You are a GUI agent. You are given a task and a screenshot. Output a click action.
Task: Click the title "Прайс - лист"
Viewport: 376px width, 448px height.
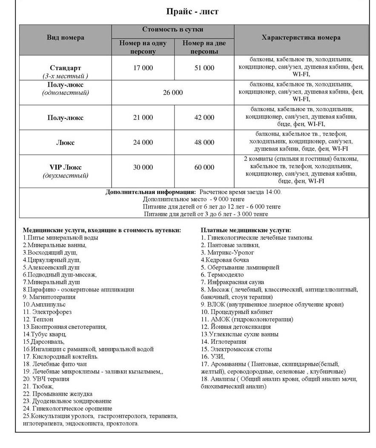pos(192,11)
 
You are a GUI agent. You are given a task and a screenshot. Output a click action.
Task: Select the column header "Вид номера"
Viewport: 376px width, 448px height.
pos(65,37)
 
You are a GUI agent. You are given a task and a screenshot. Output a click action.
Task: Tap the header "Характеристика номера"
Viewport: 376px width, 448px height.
pos(301,37)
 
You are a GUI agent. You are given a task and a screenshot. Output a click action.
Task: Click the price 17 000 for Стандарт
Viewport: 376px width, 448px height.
pos(143,68)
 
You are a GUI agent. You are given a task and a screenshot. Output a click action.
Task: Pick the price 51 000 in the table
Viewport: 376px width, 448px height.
pos(204,68)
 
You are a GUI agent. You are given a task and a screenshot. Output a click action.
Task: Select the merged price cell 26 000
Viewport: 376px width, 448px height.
pos(173,92)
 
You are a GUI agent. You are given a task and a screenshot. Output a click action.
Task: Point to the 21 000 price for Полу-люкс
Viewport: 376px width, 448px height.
pos(143,117)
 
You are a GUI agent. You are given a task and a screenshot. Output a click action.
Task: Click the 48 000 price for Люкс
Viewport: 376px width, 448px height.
pos(204,143)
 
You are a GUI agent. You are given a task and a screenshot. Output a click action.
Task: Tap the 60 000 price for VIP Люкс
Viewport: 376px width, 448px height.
pos(204,167)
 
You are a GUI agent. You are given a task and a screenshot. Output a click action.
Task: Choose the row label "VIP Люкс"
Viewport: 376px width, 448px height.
pos(65,167)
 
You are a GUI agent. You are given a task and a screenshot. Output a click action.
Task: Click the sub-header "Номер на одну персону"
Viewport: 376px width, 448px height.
pos(143,47)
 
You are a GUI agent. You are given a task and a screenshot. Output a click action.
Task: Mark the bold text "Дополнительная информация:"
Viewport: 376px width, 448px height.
pos(151,192)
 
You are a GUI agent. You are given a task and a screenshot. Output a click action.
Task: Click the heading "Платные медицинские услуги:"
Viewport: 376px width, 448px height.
pos(246,230)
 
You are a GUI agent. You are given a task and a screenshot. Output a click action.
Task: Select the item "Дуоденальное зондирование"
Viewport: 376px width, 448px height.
pos(67,401)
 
